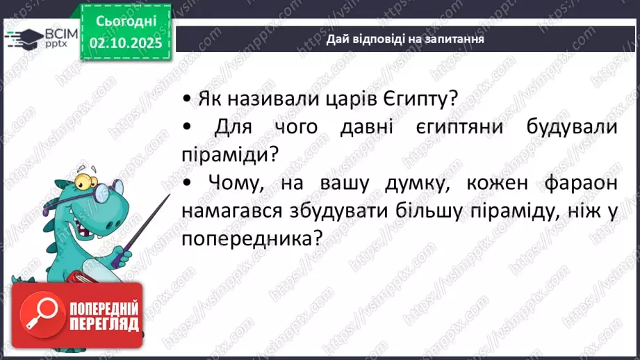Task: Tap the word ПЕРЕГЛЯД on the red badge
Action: (x=104, y=323)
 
